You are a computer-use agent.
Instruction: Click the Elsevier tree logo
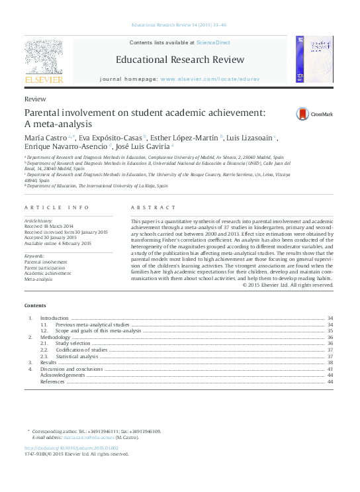pyautogui.click(x=44, y=58)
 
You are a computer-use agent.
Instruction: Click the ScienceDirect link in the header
pyautogui.click(x=213, y=42)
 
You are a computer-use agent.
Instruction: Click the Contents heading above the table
pyautogui.click(x=35, y=305)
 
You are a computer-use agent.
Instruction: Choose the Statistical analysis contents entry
pyautogui.click(x=77, y=356)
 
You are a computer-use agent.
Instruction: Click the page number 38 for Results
pyautogui.click(x=330, y=363)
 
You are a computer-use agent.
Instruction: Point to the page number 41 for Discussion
pyautogui.click(x=330, y=369)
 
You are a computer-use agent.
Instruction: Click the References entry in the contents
pyautogui.click(x=52, y=381)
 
